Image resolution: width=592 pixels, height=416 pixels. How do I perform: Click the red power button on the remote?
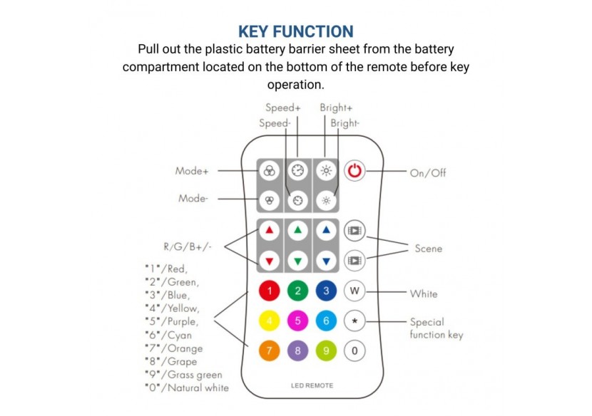tap(354, 172)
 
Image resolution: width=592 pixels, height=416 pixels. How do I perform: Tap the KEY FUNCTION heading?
tap(295, 31)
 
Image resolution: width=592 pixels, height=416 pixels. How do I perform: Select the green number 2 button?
tap(297, 291)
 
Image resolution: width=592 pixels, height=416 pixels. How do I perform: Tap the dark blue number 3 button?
tap(326, 291)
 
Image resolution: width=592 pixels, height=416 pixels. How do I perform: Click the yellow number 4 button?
tap(270, 321)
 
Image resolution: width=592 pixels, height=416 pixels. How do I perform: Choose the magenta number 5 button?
tap(297, 321)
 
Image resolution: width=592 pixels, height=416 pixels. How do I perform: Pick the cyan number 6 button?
tap(326, 321)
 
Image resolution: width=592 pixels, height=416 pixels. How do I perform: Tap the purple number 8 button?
tap(297, 350)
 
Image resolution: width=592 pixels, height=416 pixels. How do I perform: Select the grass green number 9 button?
tap(326, 350)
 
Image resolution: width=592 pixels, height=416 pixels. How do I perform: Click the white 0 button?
tap(354, 350)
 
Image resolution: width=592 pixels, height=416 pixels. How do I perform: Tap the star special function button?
tap(354, 321)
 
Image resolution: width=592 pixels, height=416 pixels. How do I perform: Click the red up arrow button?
tap(270, 231)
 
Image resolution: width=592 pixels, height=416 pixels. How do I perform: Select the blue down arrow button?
tap(326, 261)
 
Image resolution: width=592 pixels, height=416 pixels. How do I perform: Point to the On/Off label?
tap(428, 173)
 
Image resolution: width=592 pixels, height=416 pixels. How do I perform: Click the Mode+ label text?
tap(192, 172)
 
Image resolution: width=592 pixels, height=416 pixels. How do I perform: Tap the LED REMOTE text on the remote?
tap(312, 385)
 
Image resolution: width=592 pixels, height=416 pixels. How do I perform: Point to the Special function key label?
tap(437, 328)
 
